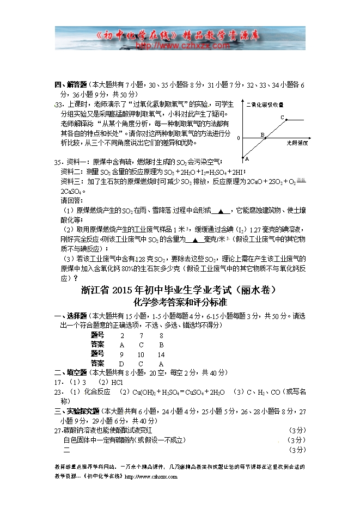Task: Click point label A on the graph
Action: click(247, 159)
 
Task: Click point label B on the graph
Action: click(262, 134)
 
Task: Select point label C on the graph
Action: click(282, 117)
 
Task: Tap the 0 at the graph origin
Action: click(238, 138)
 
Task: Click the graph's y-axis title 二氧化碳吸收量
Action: click(265, 104)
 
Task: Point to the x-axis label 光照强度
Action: click(297, 143)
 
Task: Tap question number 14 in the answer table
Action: click(161, 354)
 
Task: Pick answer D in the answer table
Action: click(121, 363)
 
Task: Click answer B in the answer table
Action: click(161, 345)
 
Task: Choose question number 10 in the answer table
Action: click(141, 354)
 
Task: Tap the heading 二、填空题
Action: click(70, 373)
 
